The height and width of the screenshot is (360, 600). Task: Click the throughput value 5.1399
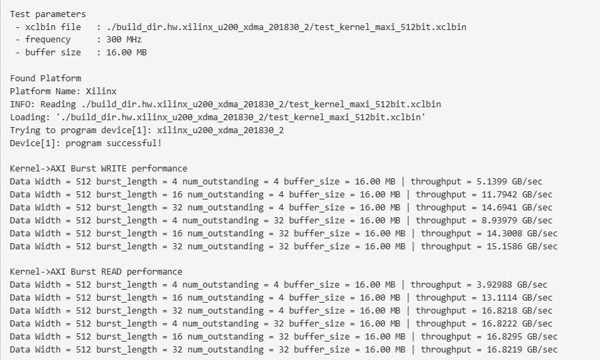click(x=492, y=182)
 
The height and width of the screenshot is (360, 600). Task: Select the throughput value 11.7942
click(x=500, y=195)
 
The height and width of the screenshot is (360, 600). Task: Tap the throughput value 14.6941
click(x=500, y=208)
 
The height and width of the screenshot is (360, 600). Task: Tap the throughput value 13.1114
click(x=500, y=298)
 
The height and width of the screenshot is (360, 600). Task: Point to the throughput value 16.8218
click(x=500, y=311)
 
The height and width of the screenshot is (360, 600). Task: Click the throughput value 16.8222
click(x=500, y=324)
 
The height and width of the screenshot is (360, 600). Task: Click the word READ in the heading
click(x=111, y=272)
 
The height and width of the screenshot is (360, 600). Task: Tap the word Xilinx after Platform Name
click(x=101, y=92)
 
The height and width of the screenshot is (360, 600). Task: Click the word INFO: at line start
click(x=23, y=105)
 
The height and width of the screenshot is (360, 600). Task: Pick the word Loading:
click(x=30, y=117)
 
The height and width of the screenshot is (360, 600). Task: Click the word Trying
click(x=23, y=130)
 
